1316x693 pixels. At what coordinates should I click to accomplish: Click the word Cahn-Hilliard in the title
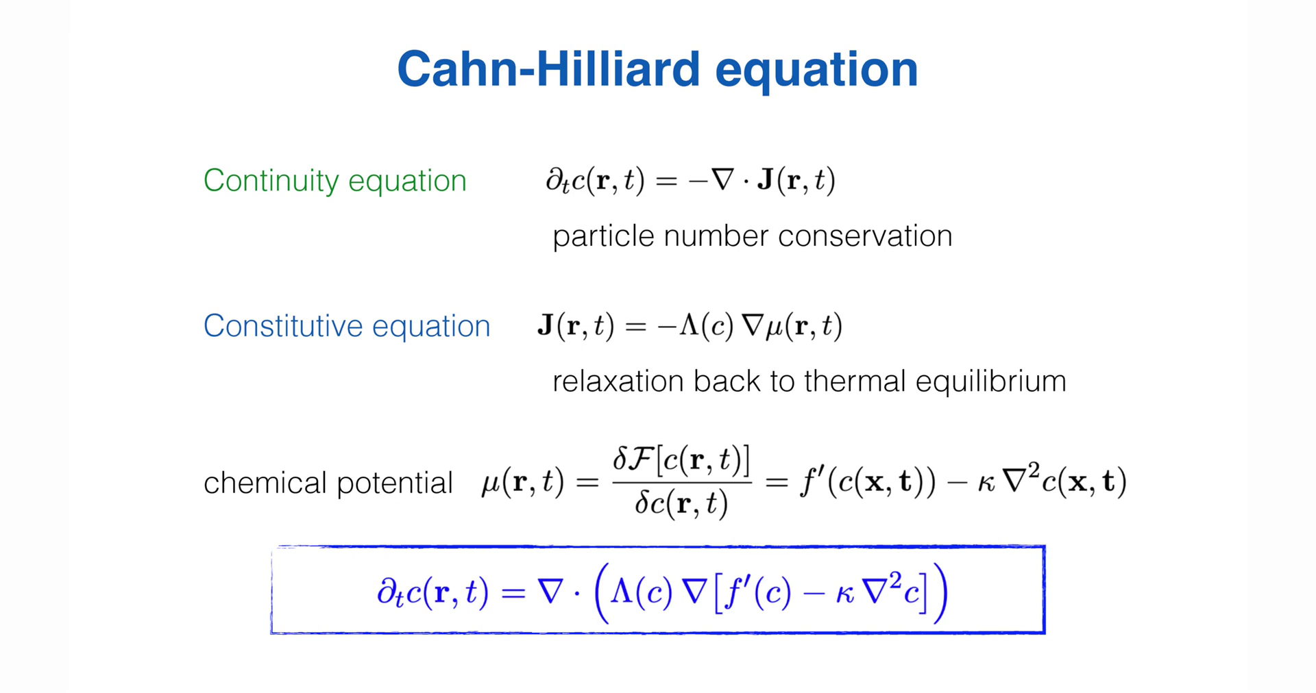[x=549, y=68]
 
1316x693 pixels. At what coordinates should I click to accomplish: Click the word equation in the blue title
[x=816, y=71]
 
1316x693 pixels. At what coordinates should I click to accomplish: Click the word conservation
[x=865, y=236]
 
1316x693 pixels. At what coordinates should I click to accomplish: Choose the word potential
[x=395, y=484]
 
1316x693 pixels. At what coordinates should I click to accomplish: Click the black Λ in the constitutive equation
[x=688, y=325]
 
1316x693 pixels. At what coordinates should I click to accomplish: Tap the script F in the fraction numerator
[x=641, y=459]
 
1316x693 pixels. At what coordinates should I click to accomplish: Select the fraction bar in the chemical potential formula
[x=682, y=482]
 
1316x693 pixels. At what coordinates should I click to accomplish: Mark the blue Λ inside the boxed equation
[x=622, y=590]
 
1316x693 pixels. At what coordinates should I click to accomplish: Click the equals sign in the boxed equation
[x=513, y=593]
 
